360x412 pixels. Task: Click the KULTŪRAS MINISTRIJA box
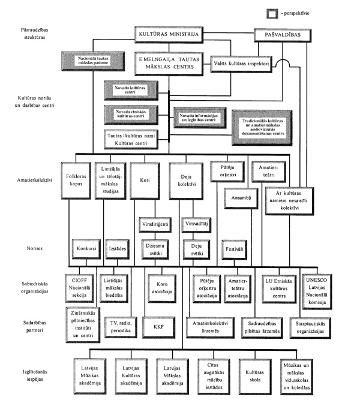(169, 36)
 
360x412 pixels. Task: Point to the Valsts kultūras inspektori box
(244, 62)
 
